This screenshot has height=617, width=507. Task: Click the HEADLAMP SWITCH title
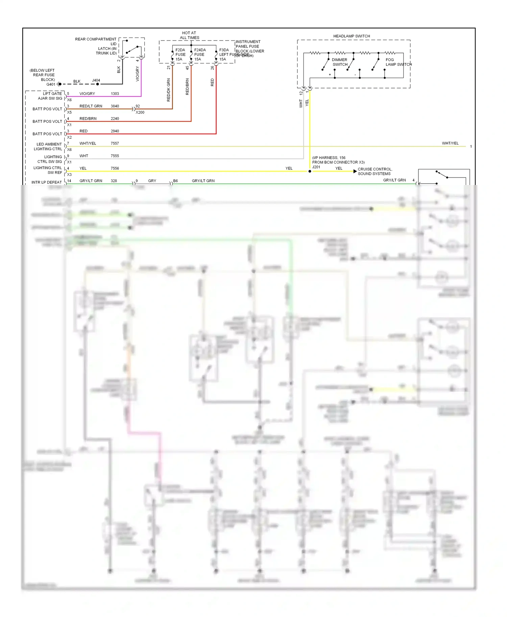coord(352,36)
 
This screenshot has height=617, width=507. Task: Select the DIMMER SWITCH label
coord(340,62)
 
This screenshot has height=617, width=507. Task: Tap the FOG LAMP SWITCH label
coord(398,62)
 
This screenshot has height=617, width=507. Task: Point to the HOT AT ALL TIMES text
coord(189,35)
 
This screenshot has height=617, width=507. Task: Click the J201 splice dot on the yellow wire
coord(310,171)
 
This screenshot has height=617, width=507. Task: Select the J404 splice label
coord(96,80)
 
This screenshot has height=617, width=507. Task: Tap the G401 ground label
coord(51,84)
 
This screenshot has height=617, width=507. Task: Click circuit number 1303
coord(115,93)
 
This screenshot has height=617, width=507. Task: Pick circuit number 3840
coord(115,106)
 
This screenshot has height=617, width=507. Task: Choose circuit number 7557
coord(115,143)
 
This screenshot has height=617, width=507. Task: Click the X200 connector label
coord(140,112)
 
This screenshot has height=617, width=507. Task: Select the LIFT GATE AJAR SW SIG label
coord(50,96)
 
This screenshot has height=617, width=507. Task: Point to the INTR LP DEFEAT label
coord(47,182)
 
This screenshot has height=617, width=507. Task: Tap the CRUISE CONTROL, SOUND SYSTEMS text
coord(375,171)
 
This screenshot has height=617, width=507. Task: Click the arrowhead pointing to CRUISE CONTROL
coord(355,171)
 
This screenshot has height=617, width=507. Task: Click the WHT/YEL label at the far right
coord(450,143)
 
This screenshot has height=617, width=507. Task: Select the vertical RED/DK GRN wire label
coord(169,90)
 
